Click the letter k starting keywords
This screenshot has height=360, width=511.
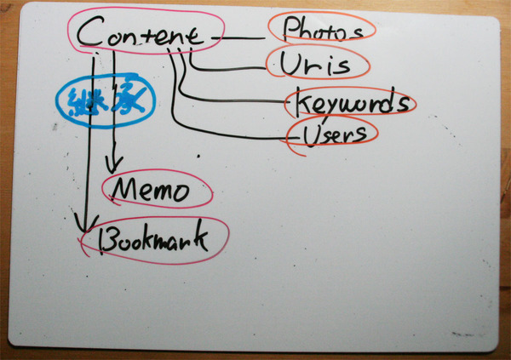(302, 103)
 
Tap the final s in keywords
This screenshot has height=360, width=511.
(405, 106)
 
